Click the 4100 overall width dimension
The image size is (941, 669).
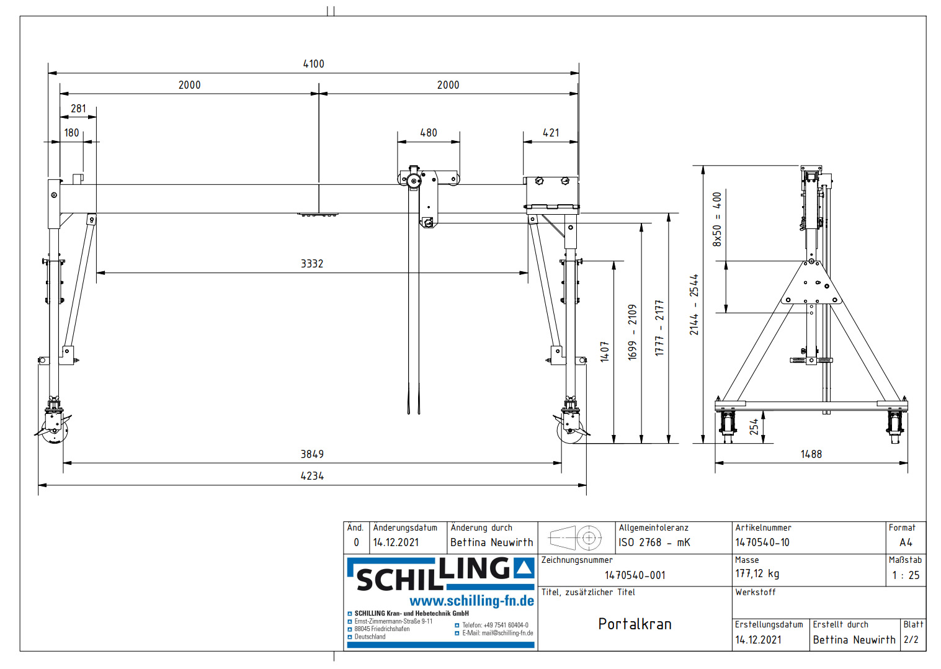coord(313,64)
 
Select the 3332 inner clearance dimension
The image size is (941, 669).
coord(312,264)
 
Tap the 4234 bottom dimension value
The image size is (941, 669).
coord(312,476)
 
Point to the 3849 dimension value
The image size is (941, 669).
coord(312,454)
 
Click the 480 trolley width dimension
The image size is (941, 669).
coord(429,133)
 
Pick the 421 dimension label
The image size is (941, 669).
coord(551,133)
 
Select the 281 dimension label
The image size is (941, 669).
coord(78,109)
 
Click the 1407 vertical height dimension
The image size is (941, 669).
coord(605,351)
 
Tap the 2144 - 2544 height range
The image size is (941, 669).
coord(694,305)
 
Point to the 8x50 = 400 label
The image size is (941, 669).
coord(717,219)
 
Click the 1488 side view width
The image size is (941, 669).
coord(811,454)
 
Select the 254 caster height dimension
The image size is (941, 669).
coord(754,426)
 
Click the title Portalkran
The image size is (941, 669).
coord(635,624)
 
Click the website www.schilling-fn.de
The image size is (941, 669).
coord(471,601)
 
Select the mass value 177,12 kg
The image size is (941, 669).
coord(757,574)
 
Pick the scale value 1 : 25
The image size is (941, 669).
coord(906,575)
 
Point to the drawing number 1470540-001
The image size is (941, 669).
coord(635,575)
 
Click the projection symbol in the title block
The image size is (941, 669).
coord(576,537)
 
